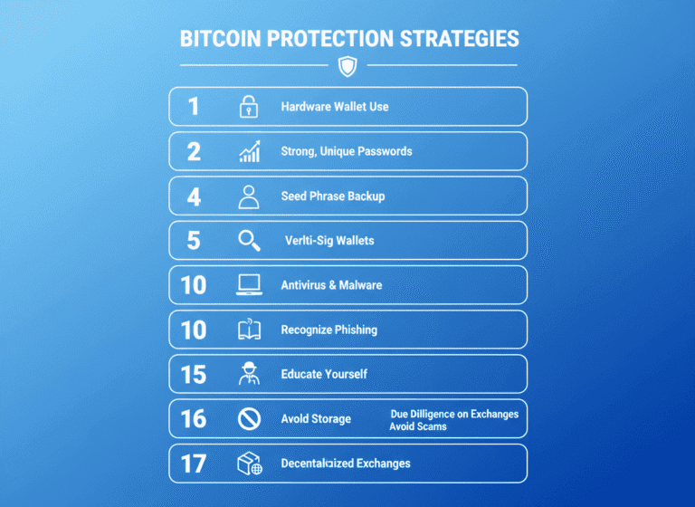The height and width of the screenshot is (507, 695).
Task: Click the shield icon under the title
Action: tap(347, 65)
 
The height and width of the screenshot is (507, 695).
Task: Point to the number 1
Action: tap(193, 107)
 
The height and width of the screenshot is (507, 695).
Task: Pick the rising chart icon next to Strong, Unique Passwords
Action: tap(250, 151)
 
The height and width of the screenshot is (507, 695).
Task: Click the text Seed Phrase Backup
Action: tap(333, 196)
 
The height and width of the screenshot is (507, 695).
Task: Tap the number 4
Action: tap(194, 196)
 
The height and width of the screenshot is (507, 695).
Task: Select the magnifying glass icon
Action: tap(249, 241)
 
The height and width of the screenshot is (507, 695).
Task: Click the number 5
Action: tap(194, 241)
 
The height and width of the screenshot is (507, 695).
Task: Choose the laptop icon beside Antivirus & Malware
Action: tap(249, 285)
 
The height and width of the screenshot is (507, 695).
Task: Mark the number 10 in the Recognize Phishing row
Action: tap(194, 330)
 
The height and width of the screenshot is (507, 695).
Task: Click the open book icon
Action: tap(249, 330)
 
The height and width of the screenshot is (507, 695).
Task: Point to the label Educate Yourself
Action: tap(324, 374)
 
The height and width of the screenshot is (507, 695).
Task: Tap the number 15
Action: tap(194, 374)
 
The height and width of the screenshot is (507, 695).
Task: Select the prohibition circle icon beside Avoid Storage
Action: tap(249, 418)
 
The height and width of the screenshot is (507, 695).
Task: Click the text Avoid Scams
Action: tap(418, 426)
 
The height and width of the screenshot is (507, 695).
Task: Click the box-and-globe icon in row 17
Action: tap(249, 464)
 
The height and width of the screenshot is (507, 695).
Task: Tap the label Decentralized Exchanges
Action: tap(346, 464)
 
